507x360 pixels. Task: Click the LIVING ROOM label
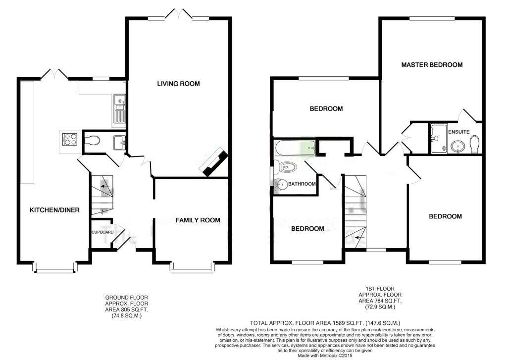click(x=178, y=84)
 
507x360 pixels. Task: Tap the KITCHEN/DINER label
click(x=54, y=210)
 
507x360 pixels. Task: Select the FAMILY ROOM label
click(x=198, y=220)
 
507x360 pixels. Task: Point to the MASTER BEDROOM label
click(x=432, y=65)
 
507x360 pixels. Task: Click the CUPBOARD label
click(x=102, y=232)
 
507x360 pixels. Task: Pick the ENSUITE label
click(x=459, y=132)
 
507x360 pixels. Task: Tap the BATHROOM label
click(x=302, y=184)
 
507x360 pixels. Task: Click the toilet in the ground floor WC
click(x=93, y=141)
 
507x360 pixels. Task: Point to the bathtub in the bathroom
click(x=295, y=149)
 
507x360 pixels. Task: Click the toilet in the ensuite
click(x=475, y=144)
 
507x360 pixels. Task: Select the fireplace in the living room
click(x=214, y=162)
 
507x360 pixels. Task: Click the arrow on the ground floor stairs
click(x=105, y=187)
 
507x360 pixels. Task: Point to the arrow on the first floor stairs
click(x=359, y=237)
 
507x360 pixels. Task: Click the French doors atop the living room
click(x=178, y=13)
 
